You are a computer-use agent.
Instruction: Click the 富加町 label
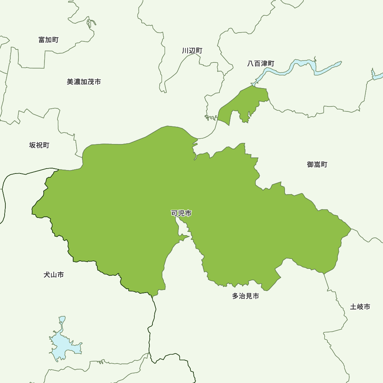[48, 40]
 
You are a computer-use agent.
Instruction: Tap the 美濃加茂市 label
[84, 82]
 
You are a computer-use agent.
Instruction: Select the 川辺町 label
[192, 51]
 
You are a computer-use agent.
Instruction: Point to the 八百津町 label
[261, 64]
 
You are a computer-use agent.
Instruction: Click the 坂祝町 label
[39, 145]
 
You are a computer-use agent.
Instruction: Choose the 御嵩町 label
[317, 164]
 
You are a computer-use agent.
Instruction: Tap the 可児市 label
[181, 213]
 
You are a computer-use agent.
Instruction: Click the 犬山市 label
[54, 275]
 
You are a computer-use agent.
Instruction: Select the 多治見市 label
[246, 296]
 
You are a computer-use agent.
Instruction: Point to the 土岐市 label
[360, 307]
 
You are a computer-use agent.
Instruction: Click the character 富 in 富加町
[42, 40]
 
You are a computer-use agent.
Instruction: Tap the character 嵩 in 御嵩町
[317, 164]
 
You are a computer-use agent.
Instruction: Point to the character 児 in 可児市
[181, 213]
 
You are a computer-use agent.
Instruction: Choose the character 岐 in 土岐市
[360, 307]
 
